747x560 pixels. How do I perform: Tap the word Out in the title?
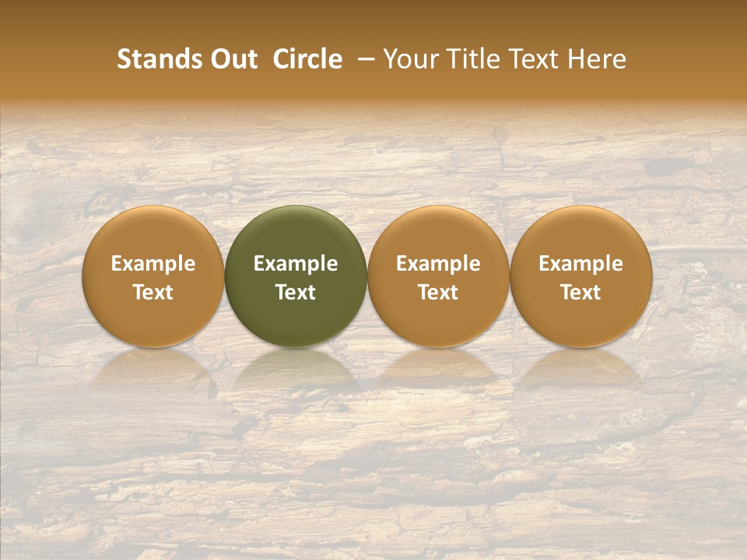coord(231,59)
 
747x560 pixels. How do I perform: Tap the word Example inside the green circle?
coord(296,264)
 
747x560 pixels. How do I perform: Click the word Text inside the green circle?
coord(296,292)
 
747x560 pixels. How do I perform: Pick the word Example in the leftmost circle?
coord(153,264)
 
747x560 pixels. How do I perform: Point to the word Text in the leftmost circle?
coord(153,292)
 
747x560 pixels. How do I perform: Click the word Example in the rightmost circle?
coord(581,264)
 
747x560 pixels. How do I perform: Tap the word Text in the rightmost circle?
coord(581,292)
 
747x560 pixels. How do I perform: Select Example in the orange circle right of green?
coord(438,264)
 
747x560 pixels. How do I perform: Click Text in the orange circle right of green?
coord(438,292)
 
